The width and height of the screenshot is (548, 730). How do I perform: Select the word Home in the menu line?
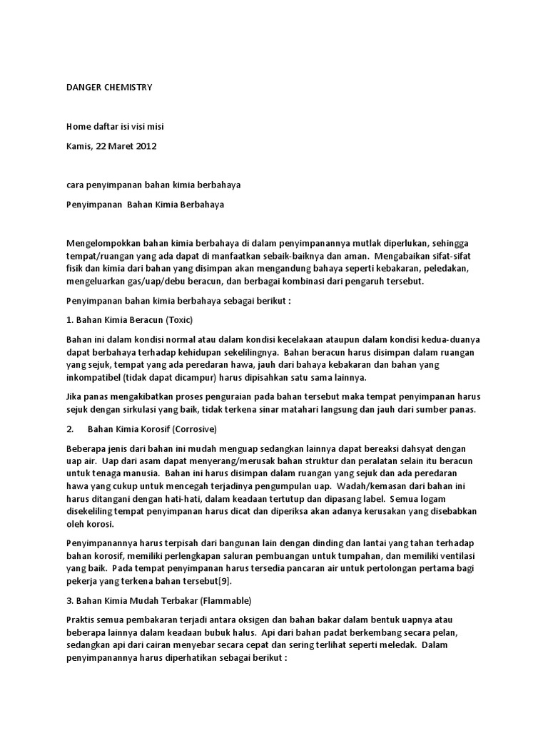click(x=78, y=127)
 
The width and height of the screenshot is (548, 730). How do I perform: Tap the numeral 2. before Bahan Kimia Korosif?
click(x=69, y=430)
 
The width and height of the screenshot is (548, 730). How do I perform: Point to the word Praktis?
click(x=81, y=620)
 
